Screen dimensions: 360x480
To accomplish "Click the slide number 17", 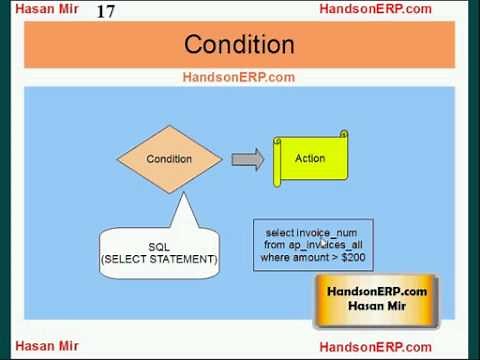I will pos(106,12).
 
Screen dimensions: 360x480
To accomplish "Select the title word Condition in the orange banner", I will pos(239,45).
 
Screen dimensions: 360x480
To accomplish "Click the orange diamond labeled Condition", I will pos(169,159).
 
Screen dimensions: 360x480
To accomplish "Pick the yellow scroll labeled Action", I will pos(310,158).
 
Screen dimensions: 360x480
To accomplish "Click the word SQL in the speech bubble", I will pos(159,246).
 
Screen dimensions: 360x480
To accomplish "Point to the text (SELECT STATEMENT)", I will pos(159,259).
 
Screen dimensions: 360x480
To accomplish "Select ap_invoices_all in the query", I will pos(327,245).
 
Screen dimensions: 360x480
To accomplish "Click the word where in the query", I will pos(277,258).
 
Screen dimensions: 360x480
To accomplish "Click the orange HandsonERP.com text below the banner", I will pos(238,77).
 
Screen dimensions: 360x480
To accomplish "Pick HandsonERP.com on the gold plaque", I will pos(377,291).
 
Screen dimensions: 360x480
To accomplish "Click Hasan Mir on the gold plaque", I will pos(377,306).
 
